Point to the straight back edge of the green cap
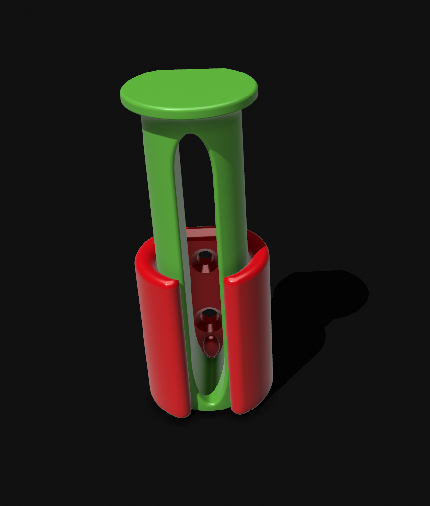coord(191,70)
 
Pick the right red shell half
coord(250,333)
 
